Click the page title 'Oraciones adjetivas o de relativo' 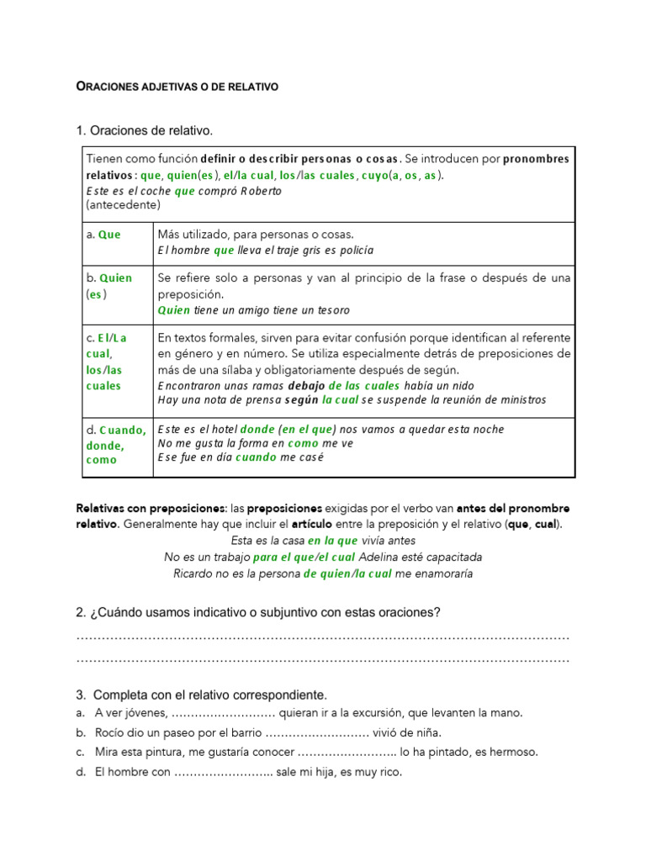[177, 87]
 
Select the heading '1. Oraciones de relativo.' [145, 130]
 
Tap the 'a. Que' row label [103, 235]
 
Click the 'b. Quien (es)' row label [109, 286]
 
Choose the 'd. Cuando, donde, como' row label [115, 445]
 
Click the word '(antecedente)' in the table [123, 204]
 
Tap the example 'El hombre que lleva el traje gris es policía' [265, 250]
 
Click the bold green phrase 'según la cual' [322, 399]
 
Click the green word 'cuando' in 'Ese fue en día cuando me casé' [256, 457]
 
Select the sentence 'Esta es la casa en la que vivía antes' [323, 541]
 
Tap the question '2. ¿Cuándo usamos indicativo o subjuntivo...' [258, 613]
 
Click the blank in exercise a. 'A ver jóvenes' [223, 713]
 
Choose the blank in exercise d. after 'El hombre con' [224, 771]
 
